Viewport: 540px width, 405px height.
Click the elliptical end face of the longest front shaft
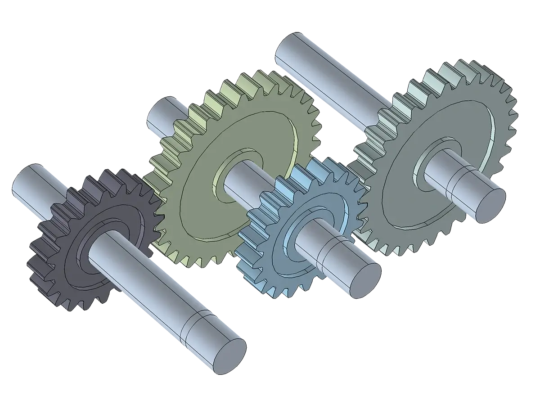coord(229,355)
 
